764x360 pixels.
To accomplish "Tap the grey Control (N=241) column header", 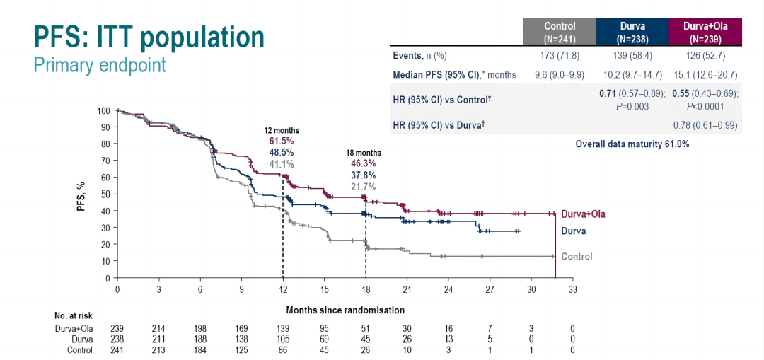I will click(x=560, y=31).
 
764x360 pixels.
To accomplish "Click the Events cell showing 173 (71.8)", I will click(x=560, y=56).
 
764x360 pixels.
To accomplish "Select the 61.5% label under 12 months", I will click(x=282, y=141).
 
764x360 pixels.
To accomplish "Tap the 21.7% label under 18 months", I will click(x=364, y=187).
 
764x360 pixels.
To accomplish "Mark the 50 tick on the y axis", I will click(x=105, y=194).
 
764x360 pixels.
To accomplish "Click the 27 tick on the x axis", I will click(x=490, y=289).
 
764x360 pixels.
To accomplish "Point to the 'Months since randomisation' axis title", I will click(x=345, y=310).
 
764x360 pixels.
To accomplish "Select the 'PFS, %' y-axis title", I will click(x=82, y=194).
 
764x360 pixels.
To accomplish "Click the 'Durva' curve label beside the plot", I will click(x=574, y=231).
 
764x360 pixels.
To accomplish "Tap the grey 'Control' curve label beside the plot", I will click(x=577, y=257).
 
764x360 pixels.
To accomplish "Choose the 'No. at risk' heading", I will click(x=74, y=315).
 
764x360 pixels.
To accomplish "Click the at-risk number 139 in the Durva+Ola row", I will click(x=282, y=329).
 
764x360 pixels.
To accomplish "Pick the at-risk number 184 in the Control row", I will click(x=199, y=349).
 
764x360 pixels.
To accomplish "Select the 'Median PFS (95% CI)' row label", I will click(x=454, y=74).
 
